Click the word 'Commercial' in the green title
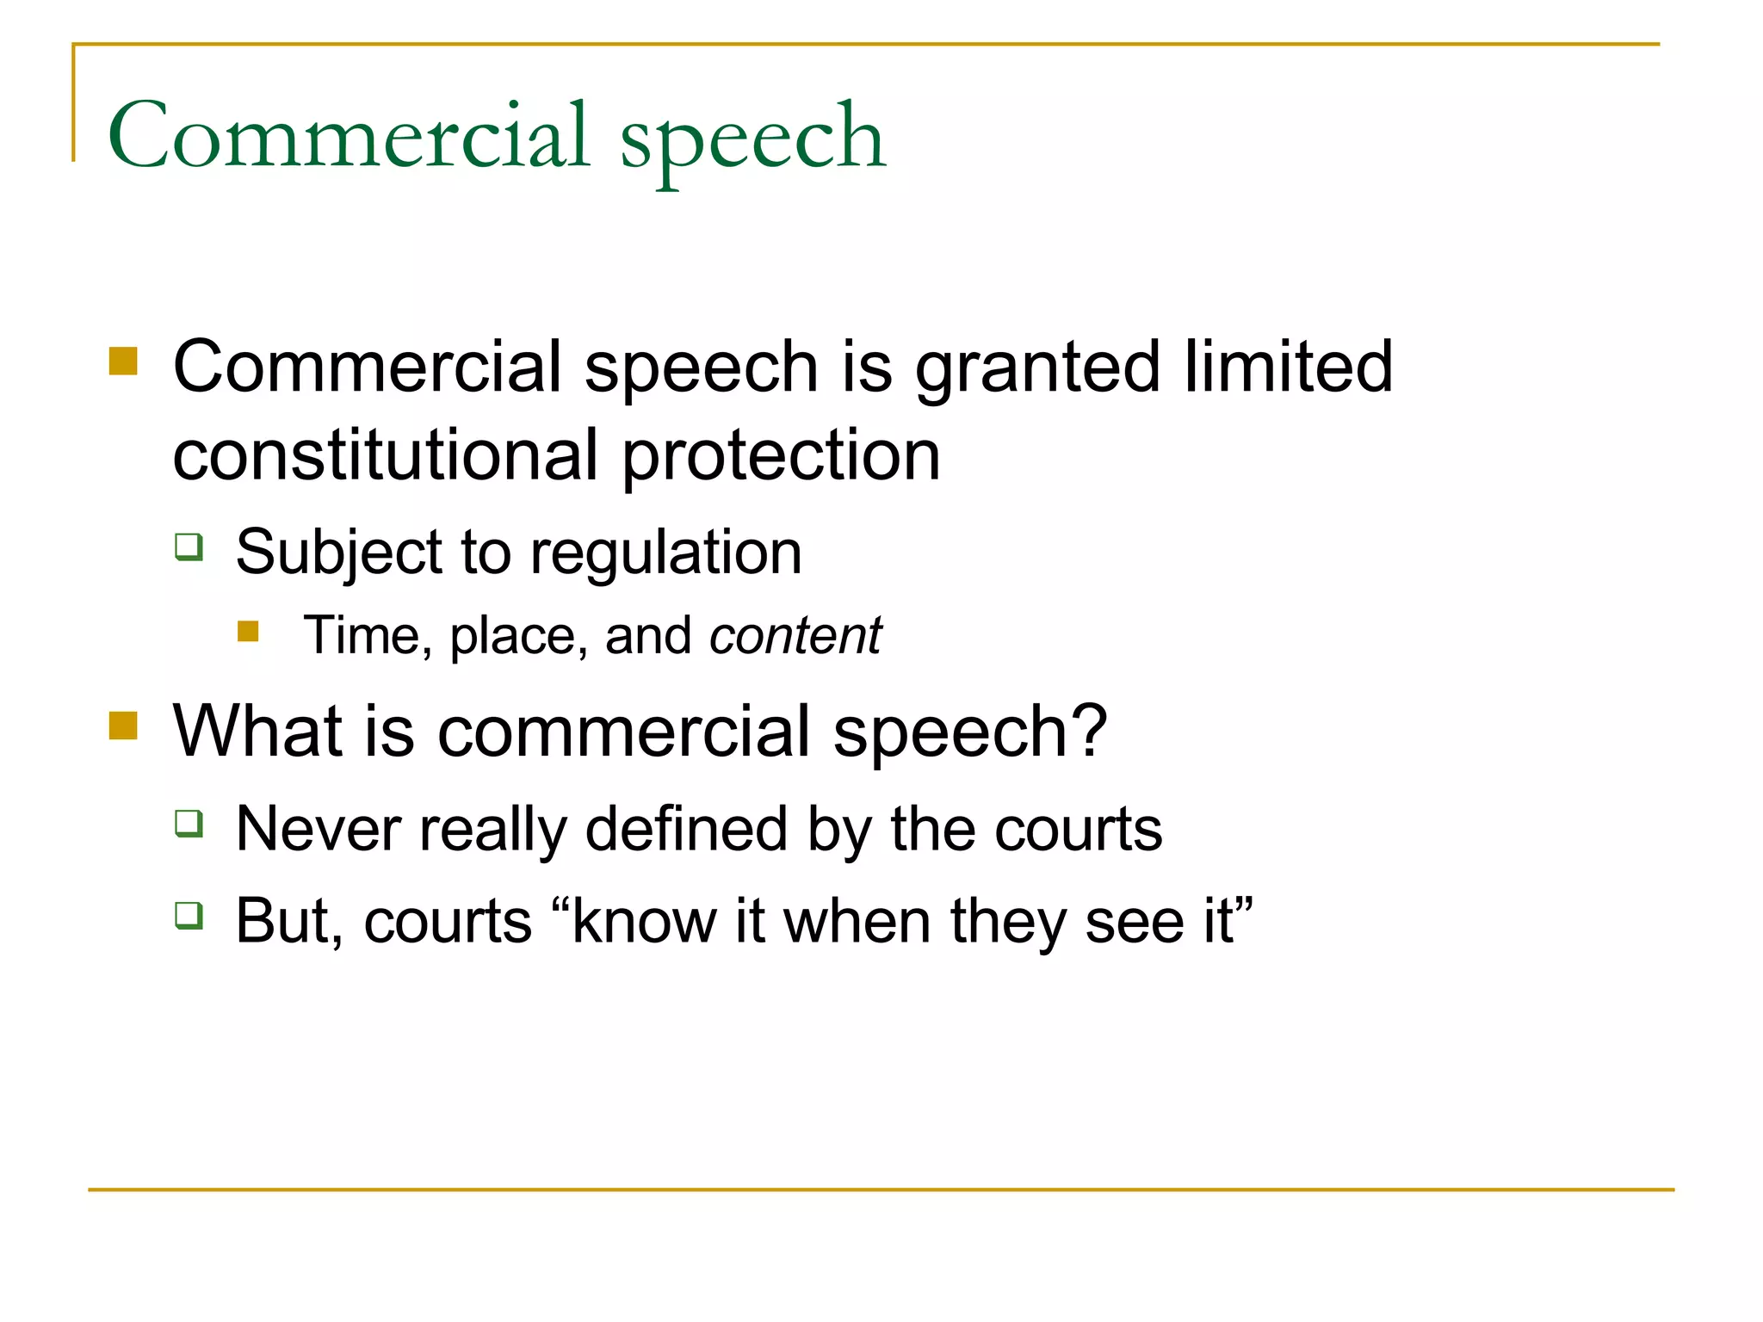(349, 135)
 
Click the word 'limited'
(1288, 367)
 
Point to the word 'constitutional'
(385, 455)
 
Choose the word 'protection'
(781, 457)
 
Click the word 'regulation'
(665, 553)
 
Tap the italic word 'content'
(795, 636)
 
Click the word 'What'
(257, 732)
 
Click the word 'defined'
(686, 829)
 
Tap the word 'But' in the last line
(280, 921)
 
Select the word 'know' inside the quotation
(644, 921)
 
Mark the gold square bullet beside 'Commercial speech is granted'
(124, 361)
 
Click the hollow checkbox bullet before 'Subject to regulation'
(189, 547)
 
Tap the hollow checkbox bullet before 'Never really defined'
(189, 824)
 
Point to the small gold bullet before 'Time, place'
(249, 632)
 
